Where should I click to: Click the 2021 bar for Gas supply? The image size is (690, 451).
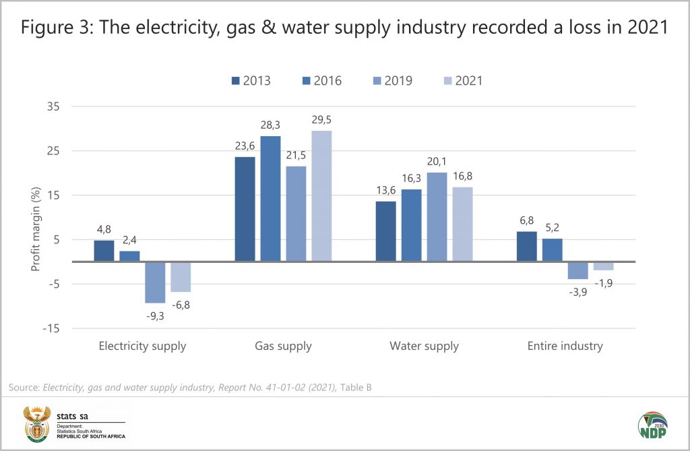[321, 196]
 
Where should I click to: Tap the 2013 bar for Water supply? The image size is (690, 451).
[386, 231]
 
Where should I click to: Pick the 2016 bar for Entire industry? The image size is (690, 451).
[552, 250]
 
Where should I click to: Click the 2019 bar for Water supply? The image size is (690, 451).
[437, 216]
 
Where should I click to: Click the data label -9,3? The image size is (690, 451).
[155, 315]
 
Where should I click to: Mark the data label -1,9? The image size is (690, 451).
[604, 282]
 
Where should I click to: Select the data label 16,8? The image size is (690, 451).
[462, 176]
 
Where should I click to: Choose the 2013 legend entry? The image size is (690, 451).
[251, 81]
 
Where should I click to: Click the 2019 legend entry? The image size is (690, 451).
[394, 81]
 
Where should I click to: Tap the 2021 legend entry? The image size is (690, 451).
[462, 81]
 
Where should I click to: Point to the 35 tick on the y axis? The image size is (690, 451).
[53, 107]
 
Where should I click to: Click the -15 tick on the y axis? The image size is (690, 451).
[51, 328]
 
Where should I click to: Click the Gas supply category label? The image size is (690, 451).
[283, 347]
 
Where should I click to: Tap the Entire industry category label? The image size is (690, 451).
[565, 347]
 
